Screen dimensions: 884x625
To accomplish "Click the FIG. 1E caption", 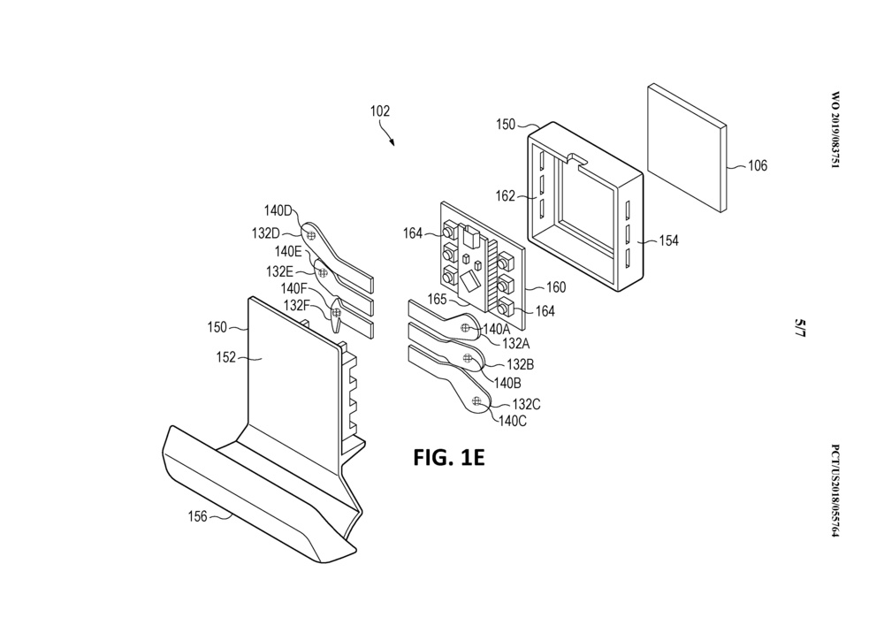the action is pyautogui.click(x=449, y=458).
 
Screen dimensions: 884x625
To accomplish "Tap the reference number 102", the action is pyautogui.click(x=379, y=111).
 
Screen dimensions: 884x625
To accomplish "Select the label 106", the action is pyautogui.click(x=758, y=165).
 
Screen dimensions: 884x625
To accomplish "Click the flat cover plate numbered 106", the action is pyautogui.click(x=687, y=149).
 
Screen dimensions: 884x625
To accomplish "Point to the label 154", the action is pyautogui.click(x=668, y=240).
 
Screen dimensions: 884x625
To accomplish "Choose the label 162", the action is pyautogui.click(x=506, y=195).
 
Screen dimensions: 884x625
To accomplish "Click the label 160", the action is pyautogui.click(x=556, y=287).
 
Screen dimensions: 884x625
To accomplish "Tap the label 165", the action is pyautogui.click(x=437, y=300).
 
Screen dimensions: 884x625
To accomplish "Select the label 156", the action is pyautogui.click(x=197, y=515).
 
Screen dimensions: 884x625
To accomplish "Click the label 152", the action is pyautogui.click(x=226, y=357).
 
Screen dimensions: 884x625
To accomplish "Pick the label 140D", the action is pyautogui.click(x=278, y=211).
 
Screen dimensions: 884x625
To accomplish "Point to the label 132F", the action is pyautogui.click(x=296, y=305).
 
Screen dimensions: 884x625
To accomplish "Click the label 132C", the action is pyautogui.click(x=527, y=405).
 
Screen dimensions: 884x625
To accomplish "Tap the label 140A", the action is pyautogui.click(x=496, y=329).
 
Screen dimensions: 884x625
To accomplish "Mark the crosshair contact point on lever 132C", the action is pyautogui.click(x=477, y=400).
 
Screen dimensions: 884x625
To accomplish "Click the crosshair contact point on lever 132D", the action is pyautogui.click(x=310, y=234).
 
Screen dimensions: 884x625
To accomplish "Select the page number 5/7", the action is pyautogui.click(x=800, y=328).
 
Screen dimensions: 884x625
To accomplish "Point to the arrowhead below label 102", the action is pyautogui.click(x=392, y=143).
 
